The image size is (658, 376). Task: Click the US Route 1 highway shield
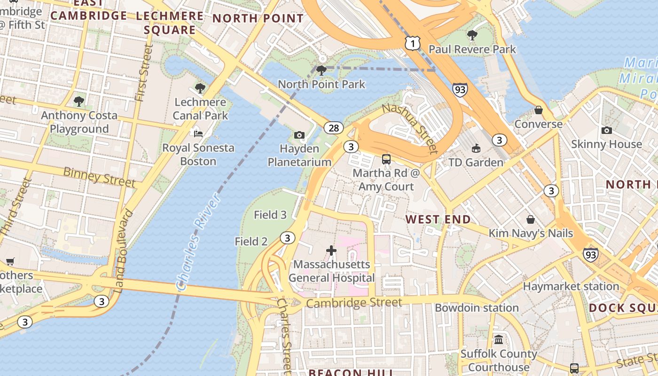[412, 44]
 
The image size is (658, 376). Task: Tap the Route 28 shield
[334, 128]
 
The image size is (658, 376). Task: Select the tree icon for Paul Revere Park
[472, 35]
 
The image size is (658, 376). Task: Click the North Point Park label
[321, 85]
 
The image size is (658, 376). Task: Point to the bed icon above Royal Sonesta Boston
[198, 134]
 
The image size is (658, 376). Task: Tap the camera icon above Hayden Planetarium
[299, 135]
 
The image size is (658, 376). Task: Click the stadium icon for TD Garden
[476, 149]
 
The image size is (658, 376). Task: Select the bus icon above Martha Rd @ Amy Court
[386, 159]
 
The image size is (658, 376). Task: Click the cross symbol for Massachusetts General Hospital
[331, 251]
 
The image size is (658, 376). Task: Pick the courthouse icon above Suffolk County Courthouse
[499, 339]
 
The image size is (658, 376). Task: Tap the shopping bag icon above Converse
[539, 110]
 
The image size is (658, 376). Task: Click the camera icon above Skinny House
[606, 130]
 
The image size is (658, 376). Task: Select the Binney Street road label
[99, 177]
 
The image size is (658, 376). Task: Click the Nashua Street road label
[409, 128]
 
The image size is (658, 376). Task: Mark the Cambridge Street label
[354, 303]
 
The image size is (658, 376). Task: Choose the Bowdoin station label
[477, 308]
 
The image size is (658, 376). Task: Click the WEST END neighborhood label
[438, 219]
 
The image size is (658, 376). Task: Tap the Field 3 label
[270, 215]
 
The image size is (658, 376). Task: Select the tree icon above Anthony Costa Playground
[79, 101]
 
